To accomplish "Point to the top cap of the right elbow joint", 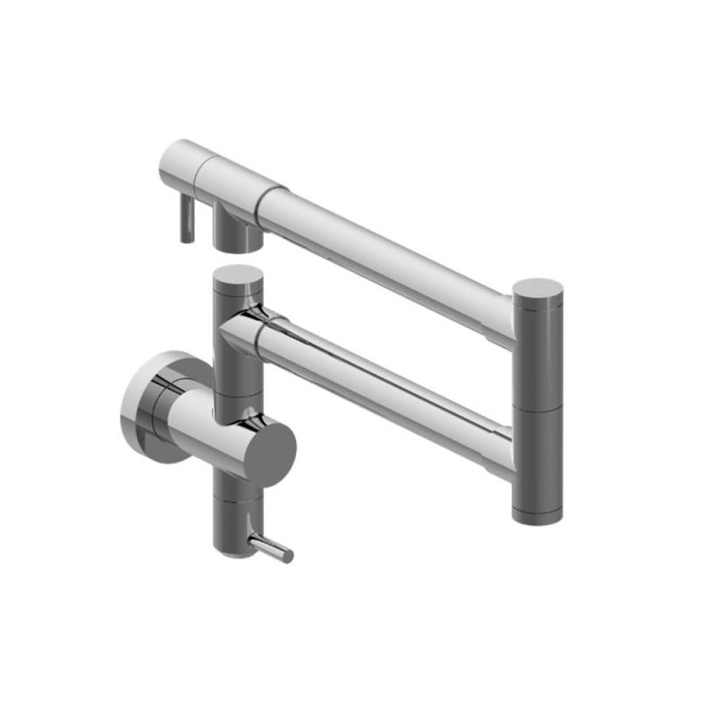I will coord(538,290).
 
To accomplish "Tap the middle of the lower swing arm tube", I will coord(386,382).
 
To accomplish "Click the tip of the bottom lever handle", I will coord(288,555).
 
